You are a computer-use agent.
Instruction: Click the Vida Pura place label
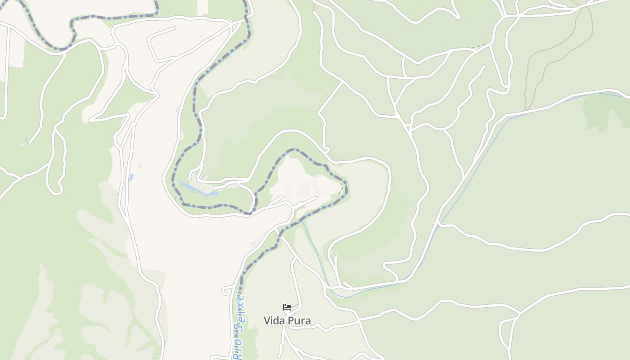click(287, 320)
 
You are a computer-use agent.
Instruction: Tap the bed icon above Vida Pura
click(287, 308)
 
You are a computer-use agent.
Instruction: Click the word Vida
click(273, 320)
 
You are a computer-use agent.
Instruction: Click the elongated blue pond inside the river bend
click(198, 189)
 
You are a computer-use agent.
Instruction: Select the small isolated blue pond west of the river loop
click(131, 177)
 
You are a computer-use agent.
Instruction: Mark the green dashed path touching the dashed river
click(341, 189)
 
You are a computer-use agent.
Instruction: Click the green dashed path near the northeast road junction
click(481, 45)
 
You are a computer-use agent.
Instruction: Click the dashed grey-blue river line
click(194, 103)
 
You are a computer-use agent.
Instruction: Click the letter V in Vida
click(266, 320)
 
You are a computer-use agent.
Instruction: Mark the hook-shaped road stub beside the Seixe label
click(226, 291)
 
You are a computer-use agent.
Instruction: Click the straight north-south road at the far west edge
click(7, 67)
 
